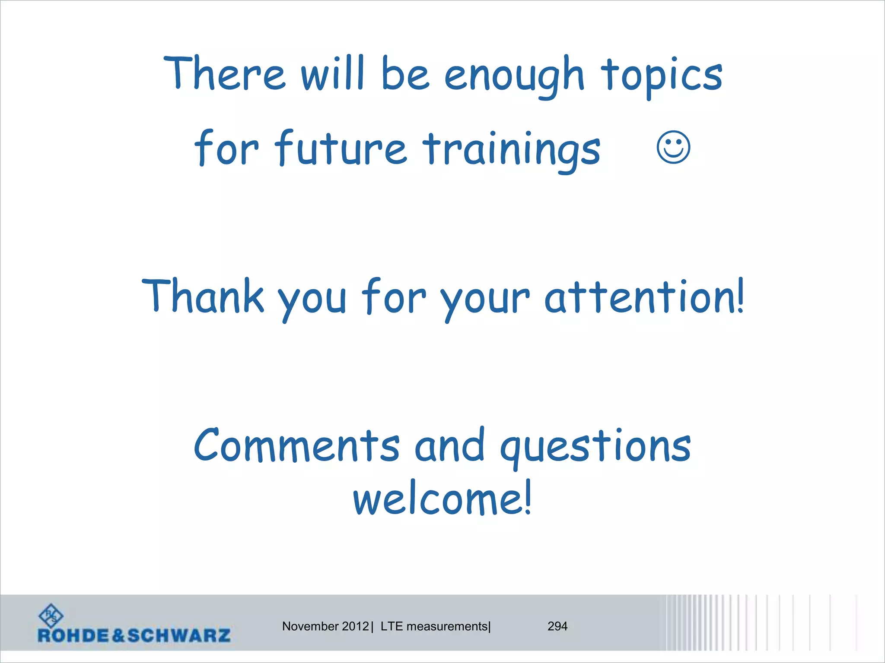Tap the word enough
514,77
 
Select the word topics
662,77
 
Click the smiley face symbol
673,147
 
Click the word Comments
297,445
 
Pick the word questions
595,447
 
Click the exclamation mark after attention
741,295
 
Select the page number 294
557,626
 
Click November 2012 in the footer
325,626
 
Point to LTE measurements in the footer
434,626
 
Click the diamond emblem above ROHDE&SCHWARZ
51,616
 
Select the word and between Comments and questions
449,445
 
